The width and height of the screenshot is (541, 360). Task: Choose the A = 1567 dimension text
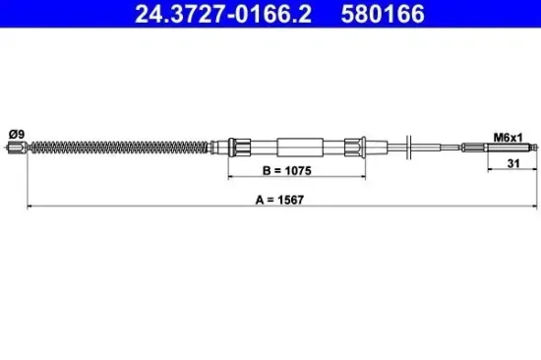pyautogui.click(x=277, y=197)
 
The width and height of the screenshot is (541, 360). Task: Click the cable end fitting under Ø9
pyautogui.click(x=15, y=149)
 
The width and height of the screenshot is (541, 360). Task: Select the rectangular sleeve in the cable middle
pyautogui.click(x=305, y=149)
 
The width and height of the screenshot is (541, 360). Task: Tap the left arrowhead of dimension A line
pyautogui.click(x=30, y=207)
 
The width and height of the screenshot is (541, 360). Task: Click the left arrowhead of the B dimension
pyautogui.click(x=232, y=178)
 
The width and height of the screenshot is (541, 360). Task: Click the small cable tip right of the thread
pyautogui.click(x=531, y=149)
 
